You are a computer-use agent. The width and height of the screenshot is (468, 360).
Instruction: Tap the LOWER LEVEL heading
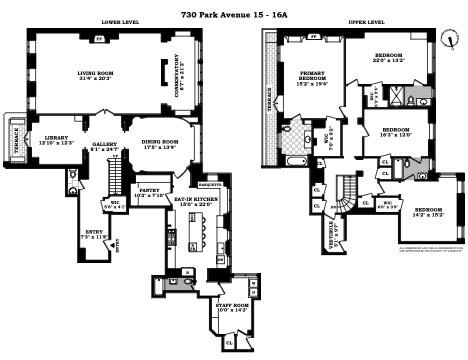tap(119, 22)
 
